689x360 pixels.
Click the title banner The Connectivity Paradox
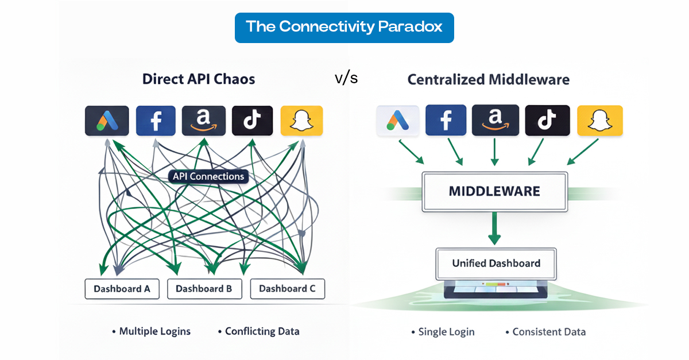[344, 27]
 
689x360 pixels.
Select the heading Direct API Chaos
[199, 79]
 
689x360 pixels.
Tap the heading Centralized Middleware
[488, 79]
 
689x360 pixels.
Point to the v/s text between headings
[346, 78]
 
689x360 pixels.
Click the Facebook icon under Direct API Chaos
[156, 121]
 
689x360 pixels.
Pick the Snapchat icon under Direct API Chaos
[301, 121]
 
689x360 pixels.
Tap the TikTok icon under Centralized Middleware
[547, 121]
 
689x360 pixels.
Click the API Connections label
[208, 176]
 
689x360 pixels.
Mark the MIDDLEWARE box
[494, 191]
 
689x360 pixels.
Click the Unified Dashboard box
[496, 264]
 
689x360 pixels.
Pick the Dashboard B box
[204, 289]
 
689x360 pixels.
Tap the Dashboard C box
[287, 289]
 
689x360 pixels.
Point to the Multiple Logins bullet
[152, 331]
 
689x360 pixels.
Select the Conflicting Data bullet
[259, 331]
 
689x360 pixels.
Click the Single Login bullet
[443, 332]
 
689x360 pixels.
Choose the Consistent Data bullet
[546, 332]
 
